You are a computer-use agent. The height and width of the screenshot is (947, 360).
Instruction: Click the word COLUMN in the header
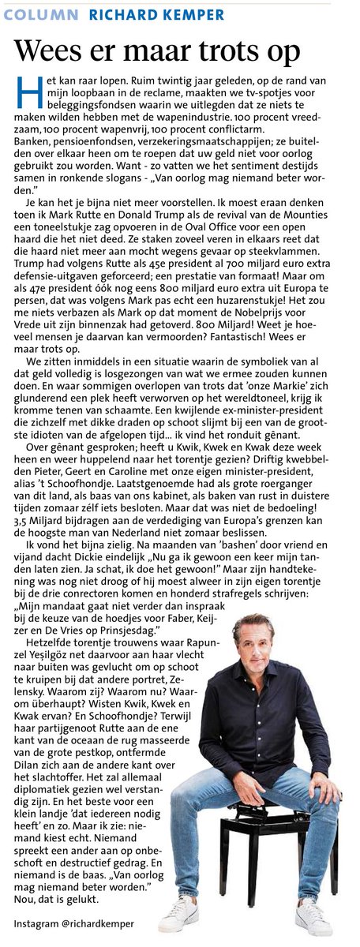[46, 14]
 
